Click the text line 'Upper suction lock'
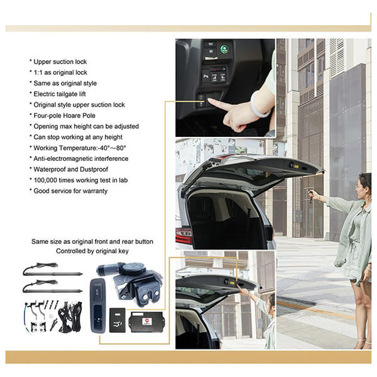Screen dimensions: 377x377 click(x=60, y=62)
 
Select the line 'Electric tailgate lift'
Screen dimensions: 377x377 click(x=60, y=94)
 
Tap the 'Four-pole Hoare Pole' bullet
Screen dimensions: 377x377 click(x=65, y=116)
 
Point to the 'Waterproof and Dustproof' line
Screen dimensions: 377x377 click(x=70, y=169)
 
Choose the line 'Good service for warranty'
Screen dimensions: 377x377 click(x=70, y=191)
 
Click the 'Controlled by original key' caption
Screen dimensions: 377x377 click(x=92, y=251)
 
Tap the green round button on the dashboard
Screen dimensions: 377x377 click(x=224, y=50)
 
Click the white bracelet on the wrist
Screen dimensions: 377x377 click(x=260, y=103)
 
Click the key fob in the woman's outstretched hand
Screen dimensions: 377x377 click(x=310, y=193)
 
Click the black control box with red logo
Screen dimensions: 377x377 click(x=146, y=322)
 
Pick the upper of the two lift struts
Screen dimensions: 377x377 click(x=52, y=270)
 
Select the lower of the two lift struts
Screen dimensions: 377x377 click(x=52, y=287)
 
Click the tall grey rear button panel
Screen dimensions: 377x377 click(x=98, y=305)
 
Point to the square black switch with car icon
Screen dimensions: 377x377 click(x=117, y=320)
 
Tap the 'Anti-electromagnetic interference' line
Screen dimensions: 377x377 click(x=81, y=159)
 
